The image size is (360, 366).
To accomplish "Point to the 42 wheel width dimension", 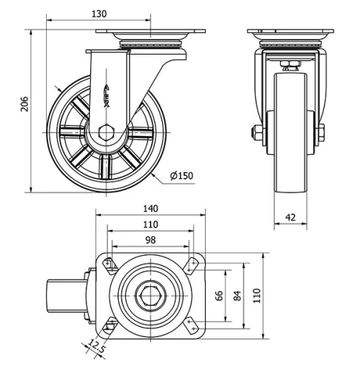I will pyautogui.click(x=290, y=215).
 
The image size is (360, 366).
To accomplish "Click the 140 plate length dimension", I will pyautogui.click(x=150, y=209).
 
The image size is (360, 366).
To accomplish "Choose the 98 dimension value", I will pyautogui.click(x=150, y=239).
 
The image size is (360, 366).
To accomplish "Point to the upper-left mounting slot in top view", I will pyautogui.click(x=109, y=264).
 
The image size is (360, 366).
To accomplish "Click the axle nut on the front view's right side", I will pyautogui.click(x=320, y=133).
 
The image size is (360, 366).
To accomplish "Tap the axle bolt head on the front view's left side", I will pyautogui.click(x=256, y=133).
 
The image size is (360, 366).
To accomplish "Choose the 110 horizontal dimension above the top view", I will pyautogui.click(x=150, y=224).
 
